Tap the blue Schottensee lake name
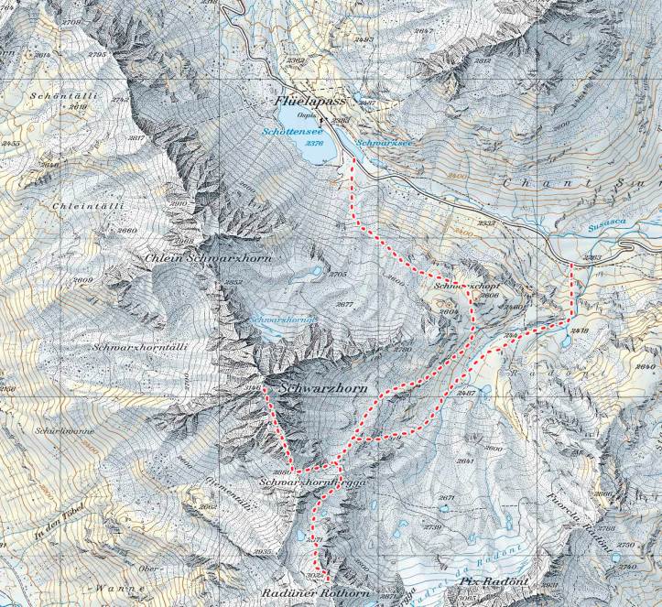tap(306, 132)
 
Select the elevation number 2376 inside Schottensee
tap(314, 144)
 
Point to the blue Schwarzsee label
tap(376, 145)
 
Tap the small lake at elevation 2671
tap(446, 509)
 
